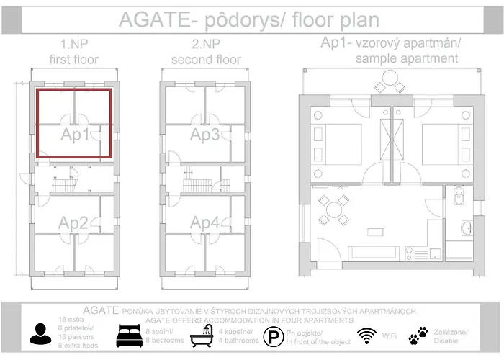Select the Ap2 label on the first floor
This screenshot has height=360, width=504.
pyautogui.click(x=74, y=222)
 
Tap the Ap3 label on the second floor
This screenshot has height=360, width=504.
pyautogui.click(x=205, y=135)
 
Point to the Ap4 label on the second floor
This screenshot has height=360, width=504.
pyautogui.click(x=205, y=222)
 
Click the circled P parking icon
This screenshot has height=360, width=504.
pyautogui.click(x=273, y=336)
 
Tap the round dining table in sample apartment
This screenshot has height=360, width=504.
pyautogui.click(x=333, y=211)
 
